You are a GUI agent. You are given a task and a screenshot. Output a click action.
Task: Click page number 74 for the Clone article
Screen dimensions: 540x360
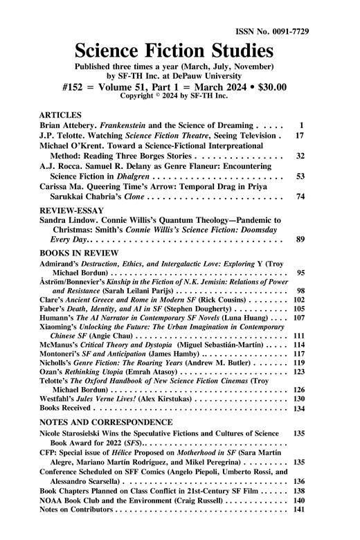coord(300,197)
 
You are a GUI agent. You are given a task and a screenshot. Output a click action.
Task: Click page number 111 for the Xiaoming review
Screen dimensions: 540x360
coord(300,355)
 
